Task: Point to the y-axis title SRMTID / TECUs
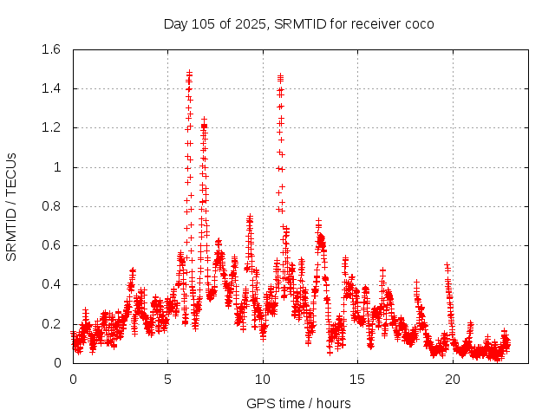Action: coord(12,206)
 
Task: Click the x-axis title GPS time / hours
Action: coord(298,403)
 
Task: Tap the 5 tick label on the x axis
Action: coord(168,379)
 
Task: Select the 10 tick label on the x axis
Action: coord(263,379)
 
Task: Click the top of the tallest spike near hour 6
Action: coord(189,73)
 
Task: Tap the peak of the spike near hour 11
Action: coord(280,77)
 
